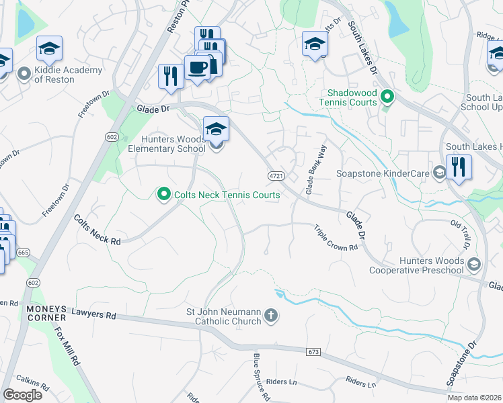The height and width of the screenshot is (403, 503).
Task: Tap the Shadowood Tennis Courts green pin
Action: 387,97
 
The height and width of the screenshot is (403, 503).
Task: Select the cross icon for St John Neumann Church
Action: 270,316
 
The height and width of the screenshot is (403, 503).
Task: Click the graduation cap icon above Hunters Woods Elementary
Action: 216,128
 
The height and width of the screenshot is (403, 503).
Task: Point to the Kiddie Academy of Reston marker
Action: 24,74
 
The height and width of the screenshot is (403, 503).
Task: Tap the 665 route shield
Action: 24,252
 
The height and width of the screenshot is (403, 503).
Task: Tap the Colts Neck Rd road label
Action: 97,230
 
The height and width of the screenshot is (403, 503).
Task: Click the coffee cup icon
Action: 197,69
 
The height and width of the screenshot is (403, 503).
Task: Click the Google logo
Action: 22,394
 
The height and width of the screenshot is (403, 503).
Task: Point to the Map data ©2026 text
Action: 473,398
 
